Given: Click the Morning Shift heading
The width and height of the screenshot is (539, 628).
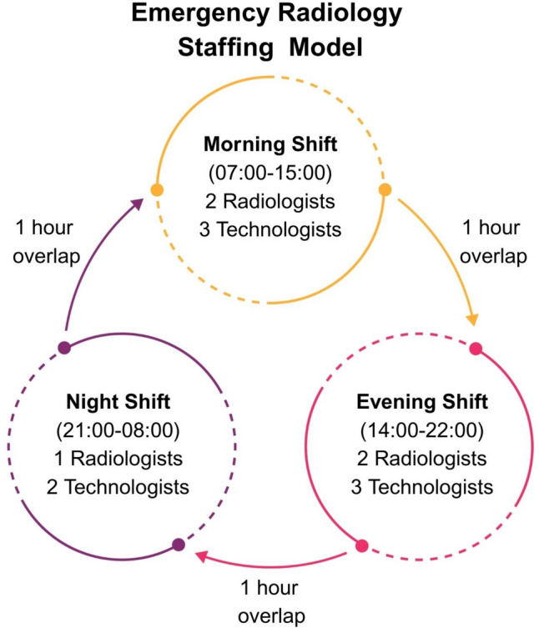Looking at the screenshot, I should point(269,146).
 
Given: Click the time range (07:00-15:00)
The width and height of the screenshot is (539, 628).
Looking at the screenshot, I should point(269,173).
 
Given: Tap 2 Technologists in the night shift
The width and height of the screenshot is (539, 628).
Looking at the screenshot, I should point(118,485).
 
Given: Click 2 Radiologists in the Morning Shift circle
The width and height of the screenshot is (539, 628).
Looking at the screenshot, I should point(269,202).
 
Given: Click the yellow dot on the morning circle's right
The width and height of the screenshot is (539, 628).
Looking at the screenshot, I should point(385,190).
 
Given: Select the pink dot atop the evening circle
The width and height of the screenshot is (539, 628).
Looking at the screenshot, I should point(476,348).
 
